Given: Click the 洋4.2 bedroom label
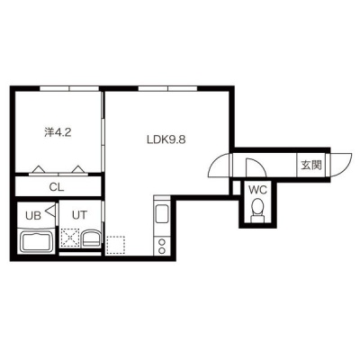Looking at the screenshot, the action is pyautogui.click(x=58, y=132).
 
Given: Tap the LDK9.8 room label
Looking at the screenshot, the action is pyautogui.click(x=166, y=139).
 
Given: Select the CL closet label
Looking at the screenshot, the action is pyautogui.click(x=57, y=188).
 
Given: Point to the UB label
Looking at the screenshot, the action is pyautogui.click(x=33, y=216).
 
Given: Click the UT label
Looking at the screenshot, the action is pyautogui.click(x=80, y=215).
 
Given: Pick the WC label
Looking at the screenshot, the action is pyautogui.click(x=257, y=190).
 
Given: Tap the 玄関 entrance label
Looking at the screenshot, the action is pyautogui.click(x=311, y=165).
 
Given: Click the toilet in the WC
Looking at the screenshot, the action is pyautogui.click(x=257, y=211).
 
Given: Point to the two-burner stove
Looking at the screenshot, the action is pyautogui.click(x=162, y=246).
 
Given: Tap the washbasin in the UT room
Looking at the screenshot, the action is pyautogui.click(x=91, y=238).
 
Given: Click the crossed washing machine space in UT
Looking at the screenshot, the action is pyautogui.click(x=70, y=238).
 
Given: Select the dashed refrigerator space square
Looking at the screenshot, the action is pyautogui.click(x=115, y=246).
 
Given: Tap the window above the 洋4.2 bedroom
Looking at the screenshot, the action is pyautogui.click(x=69, y=88).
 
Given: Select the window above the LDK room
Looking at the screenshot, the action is pyautogui.click(x=167, y=88).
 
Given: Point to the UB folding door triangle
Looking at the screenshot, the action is pyautogui.click(x=51, y=210).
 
